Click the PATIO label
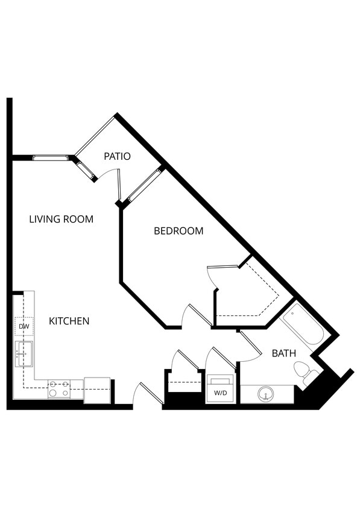(117, 156)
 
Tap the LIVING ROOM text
(61, 219)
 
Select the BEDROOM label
(178, 230)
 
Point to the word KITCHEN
(69, 321)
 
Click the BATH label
(283, 353)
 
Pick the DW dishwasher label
(24, 326)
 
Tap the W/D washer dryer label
(220, 394)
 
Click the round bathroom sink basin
(265, 395)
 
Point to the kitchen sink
(24, 353)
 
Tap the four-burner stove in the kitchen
(58, 388)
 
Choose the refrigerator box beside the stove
(96, 390)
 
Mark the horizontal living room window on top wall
(51, 158)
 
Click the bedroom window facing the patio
(144, 185)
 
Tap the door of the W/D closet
(219, 361)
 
